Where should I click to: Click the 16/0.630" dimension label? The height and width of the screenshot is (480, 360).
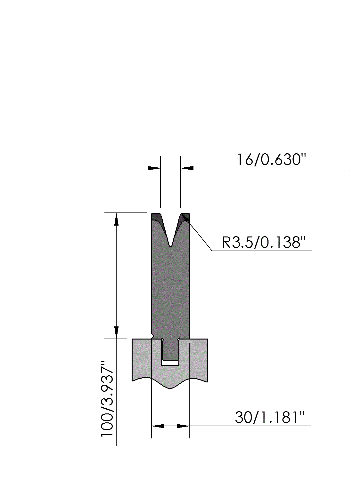click(271, 160)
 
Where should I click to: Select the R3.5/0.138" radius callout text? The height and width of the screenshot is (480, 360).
click(264, 243)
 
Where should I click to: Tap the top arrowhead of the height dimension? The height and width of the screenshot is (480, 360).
click(116, 219)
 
